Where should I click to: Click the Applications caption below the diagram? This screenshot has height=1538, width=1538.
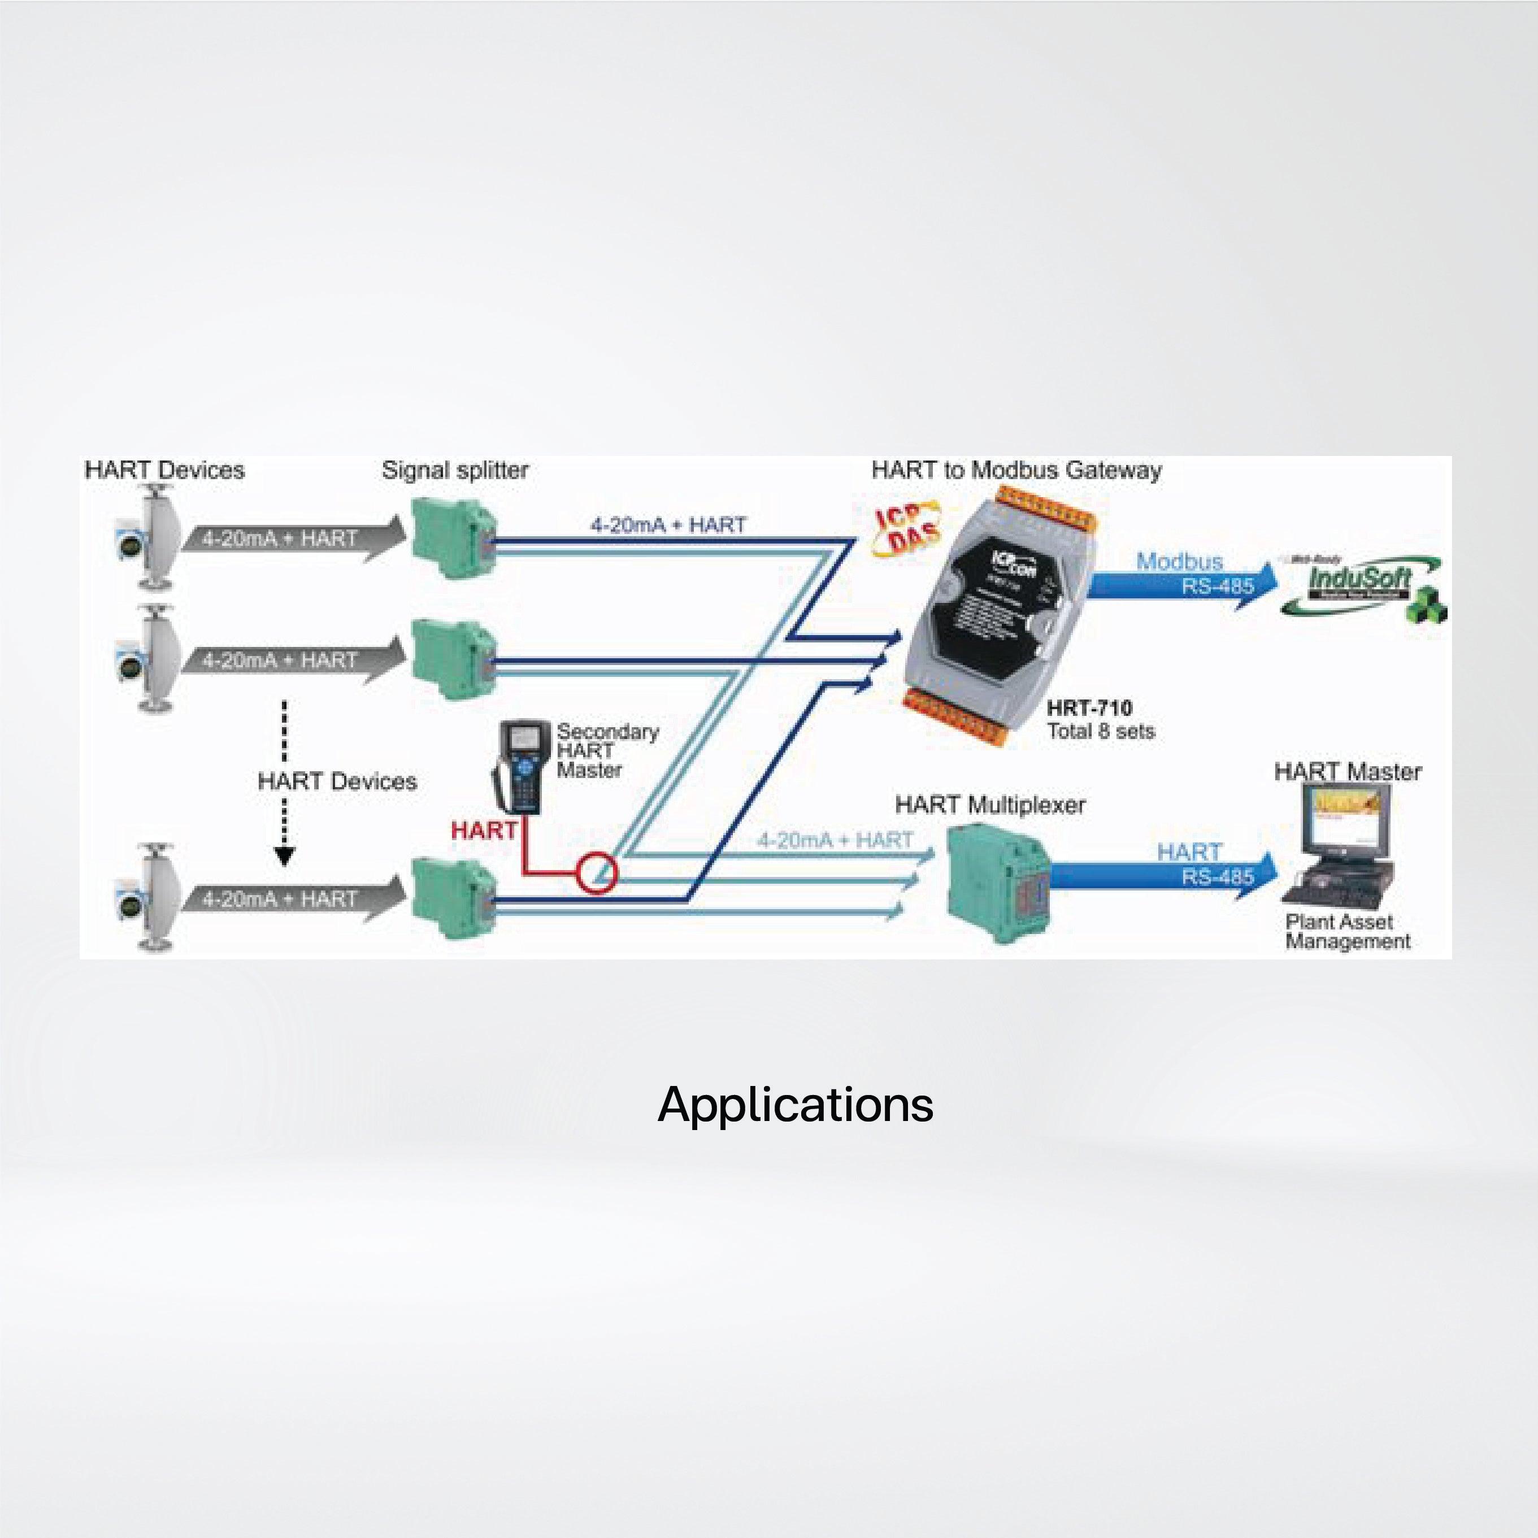point(795,1105)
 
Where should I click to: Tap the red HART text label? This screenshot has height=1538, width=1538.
point(483,830)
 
